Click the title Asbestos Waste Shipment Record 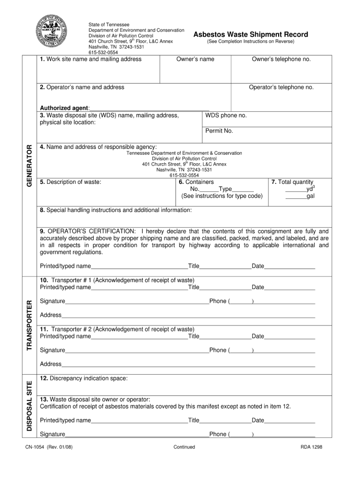(251, 35)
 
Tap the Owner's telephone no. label (281, 59)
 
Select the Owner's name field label (195, 59)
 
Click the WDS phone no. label (226, 116)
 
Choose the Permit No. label (219, 131)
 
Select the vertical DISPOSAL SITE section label (29, 406)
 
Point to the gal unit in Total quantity (310, 196)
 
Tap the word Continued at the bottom (184, 447)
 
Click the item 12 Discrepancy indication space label (84, 378)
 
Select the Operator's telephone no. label (281, 87)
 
